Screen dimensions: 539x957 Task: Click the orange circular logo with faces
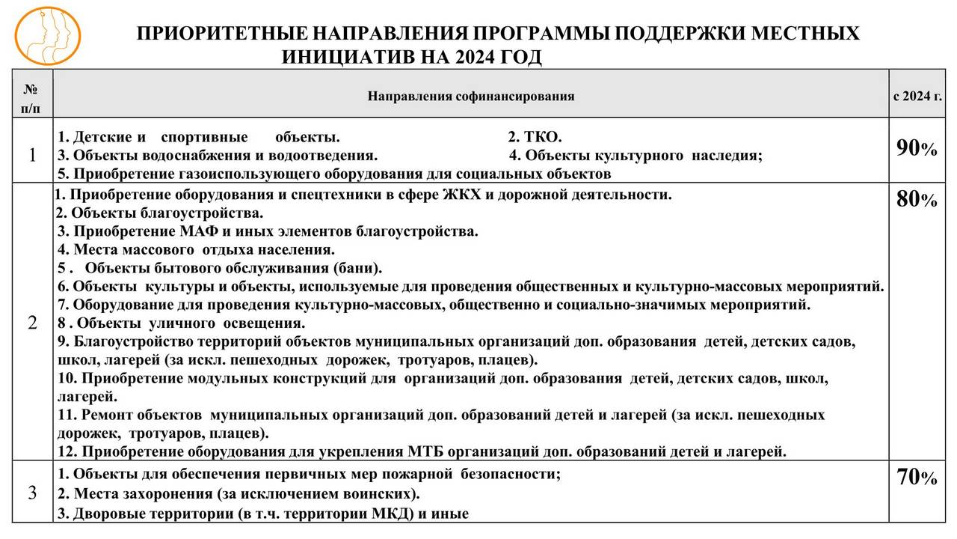coord(47,34)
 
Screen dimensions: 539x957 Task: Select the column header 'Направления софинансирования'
coord(471,96)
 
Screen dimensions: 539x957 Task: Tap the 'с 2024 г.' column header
coord(917,96)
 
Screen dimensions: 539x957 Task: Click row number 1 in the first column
coord(31,156)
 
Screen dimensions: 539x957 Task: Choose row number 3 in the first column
coord(31,493)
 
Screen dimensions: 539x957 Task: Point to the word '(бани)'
coord(359,268)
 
